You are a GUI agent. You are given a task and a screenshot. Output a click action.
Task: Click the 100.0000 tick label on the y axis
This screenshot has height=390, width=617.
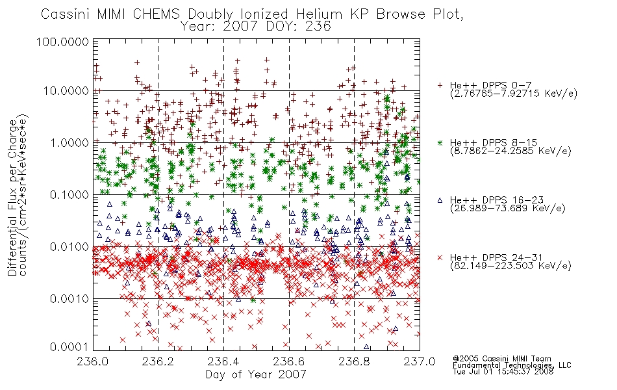62,42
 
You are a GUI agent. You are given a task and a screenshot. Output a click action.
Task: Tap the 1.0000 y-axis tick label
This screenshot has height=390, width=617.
69,142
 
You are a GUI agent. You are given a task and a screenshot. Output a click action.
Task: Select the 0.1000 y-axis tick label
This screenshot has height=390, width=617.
69,194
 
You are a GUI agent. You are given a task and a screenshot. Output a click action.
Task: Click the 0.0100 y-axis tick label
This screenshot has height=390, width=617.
69,247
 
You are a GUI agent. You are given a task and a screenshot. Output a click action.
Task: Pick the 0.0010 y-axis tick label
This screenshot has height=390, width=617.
69,299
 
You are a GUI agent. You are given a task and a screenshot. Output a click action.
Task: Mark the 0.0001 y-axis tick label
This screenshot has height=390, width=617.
69,347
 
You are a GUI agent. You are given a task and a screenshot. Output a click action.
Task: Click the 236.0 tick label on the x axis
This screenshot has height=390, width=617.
93,361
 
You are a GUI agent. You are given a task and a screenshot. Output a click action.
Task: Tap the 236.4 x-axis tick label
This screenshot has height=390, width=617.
223,361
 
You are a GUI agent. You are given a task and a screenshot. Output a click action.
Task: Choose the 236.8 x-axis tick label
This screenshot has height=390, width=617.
354,361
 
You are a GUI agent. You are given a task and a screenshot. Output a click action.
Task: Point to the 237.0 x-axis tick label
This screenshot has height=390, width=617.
420,361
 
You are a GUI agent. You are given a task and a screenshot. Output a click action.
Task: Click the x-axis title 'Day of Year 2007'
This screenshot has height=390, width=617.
256,374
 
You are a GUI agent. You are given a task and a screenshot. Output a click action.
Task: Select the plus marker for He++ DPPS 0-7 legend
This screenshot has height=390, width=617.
440,85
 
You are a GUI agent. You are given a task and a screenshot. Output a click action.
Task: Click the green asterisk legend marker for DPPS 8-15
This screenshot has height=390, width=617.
440,142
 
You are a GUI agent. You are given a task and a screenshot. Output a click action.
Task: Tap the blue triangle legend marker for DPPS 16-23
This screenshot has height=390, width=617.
440,200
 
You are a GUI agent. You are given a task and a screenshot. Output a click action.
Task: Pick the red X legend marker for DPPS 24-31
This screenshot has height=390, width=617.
440,257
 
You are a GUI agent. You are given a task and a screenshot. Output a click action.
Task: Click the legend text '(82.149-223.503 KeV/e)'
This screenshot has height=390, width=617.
510,266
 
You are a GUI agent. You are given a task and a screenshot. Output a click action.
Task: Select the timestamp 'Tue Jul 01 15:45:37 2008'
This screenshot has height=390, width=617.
503,372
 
